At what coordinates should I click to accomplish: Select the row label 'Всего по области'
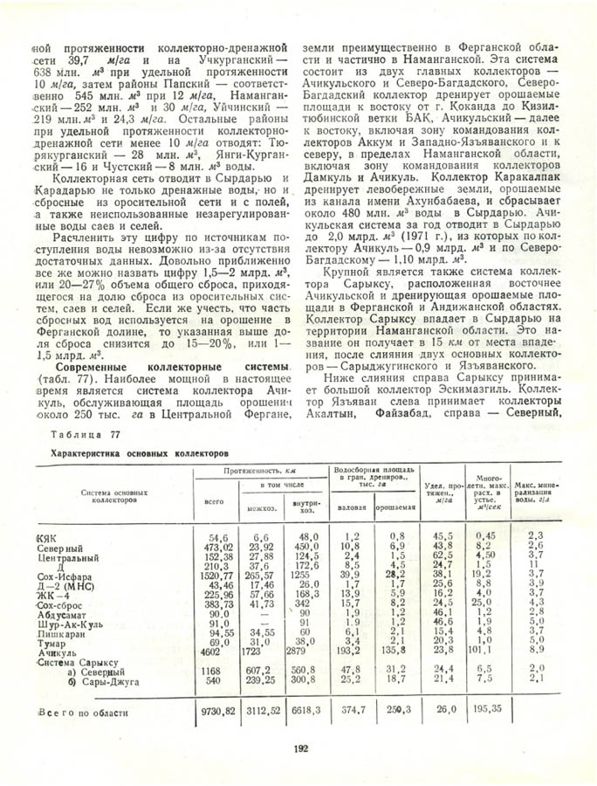83,713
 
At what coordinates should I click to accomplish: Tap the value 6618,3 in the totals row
306,712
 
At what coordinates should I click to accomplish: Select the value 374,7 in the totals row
352,712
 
